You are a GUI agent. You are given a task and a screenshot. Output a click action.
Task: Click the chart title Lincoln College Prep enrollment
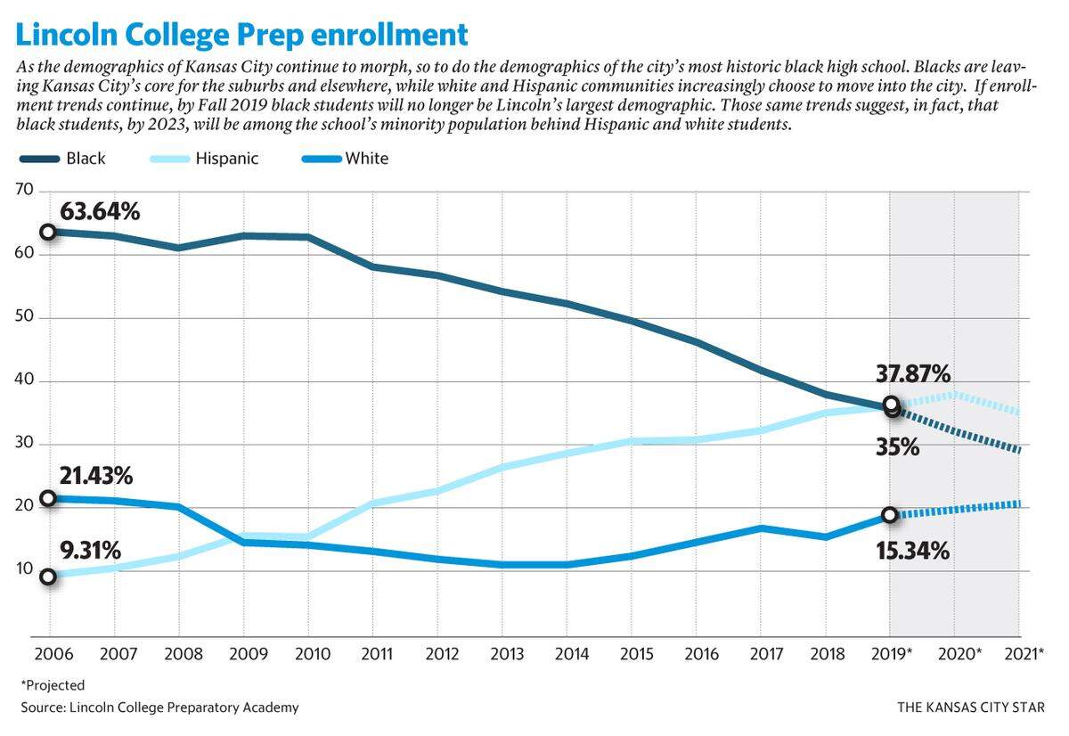click(241, 35)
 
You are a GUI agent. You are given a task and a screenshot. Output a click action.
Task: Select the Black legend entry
click(62, 159)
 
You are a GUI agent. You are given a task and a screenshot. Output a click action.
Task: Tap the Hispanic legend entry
click(204, 159)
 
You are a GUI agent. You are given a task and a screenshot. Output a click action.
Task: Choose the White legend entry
click(346, 159)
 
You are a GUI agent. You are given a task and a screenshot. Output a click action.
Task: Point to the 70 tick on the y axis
click(24, 190)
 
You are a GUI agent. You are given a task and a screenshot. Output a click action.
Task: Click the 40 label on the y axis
click(24, 380)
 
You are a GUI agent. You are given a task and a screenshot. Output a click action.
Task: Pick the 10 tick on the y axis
click(24, 569)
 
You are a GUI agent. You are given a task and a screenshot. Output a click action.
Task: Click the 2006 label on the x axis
click(54, 654)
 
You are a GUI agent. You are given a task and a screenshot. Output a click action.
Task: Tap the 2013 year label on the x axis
click(507, 654)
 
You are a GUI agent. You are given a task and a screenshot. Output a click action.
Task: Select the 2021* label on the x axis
click(1024, 654)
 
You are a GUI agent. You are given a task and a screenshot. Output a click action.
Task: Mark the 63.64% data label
click(100, 211)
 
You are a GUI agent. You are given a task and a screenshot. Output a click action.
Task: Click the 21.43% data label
click(96, 476)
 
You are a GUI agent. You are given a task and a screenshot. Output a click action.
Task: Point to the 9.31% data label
click(90, 551)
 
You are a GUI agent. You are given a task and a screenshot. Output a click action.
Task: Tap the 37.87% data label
click(913, 373)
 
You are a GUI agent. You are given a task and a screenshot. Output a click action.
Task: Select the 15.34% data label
click(912, 551)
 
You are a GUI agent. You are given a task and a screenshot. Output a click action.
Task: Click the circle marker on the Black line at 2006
click(48, 233)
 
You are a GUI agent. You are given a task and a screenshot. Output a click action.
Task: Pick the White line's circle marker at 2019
click(890, 515)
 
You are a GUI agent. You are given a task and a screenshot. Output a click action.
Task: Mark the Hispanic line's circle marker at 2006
click(48, 577)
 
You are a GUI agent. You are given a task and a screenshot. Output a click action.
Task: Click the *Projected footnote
click(53, 685)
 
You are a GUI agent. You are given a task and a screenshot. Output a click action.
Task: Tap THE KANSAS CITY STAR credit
click(971, 707)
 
